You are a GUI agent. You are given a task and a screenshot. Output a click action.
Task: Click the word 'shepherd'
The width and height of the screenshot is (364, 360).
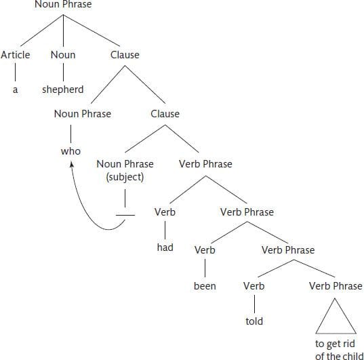tap(62, 89)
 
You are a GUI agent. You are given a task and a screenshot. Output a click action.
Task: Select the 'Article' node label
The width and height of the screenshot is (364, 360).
tap(16, 55)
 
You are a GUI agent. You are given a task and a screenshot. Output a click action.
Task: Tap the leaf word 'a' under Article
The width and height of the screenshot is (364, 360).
tap(15, 90)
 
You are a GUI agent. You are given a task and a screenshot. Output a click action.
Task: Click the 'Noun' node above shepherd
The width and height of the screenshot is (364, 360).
tap(63, 55)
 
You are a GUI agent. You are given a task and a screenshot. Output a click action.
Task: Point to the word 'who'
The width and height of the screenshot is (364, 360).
tap(70, 151)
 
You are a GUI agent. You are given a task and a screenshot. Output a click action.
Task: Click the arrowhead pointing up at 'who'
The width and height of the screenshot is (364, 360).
tap(72, 165)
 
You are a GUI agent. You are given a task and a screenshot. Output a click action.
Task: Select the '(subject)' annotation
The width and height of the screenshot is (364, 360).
tap(125, 177)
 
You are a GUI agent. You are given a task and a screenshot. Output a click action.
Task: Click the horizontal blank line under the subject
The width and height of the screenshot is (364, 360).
tap(125, 216)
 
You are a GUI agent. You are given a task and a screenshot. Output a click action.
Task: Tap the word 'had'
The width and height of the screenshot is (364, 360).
tap(165, 247)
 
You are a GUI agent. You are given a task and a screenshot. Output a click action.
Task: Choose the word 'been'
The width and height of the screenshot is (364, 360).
tap(205, 286)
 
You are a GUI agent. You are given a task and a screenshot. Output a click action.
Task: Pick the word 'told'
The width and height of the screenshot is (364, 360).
tap(254, 321)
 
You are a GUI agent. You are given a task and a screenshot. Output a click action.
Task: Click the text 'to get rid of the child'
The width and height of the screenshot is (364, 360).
tap(339, 350)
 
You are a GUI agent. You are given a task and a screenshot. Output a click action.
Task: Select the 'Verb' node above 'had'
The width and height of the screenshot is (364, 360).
tap(165, 212)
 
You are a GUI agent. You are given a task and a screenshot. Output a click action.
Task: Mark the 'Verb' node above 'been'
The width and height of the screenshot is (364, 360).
tap(205, 250)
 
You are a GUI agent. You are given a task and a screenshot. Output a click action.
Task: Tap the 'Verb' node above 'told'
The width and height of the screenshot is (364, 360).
tap(254, 286)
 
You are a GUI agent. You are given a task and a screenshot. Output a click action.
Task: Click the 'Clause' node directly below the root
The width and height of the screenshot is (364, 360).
tap(125, 55)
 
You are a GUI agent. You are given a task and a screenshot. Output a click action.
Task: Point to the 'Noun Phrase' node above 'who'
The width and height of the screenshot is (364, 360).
tap(83, 114)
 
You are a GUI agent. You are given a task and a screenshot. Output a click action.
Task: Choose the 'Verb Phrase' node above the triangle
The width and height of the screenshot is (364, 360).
tap(336, 286)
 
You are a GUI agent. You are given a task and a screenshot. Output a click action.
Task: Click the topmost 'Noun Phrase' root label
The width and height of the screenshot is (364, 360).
tap(63, 4)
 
